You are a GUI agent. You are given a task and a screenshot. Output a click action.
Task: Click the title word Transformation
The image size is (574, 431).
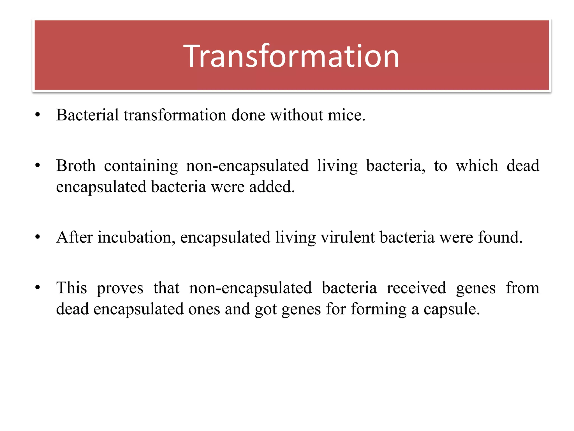click(291, 56)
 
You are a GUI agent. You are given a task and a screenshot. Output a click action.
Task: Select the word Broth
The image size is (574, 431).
click(76, 166)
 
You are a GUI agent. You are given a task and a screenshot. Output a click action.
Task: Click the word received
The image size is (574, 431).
click(416, 288)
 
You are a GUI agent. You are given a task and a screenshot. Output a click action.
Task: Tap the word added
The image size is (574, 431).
click(270, 187)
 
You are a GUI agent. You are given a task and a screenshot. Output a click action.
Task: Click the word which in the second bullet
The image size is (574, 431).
click(477, 166)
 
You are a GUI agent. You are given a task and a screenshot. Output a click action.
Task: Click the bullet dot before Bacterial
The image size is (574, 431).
click(38, 115)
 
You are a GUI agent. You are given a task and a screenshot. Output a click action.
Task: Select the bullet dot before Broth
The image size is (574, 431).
click(38, 166)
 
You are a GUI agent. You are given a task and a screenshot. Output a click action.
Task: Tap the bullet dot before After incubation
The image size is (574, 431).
click(38, 238)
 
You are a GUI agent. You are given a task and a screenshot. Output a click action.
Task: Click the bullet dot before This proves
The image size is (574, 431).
click(38, 288)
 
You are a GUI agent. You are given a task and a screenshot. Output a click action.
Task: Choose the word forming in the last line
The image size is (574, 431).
click(378, 310)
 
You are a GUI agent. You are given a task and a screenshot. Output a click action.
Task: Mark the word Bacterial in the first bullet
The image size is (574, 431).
click(87, 115)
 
